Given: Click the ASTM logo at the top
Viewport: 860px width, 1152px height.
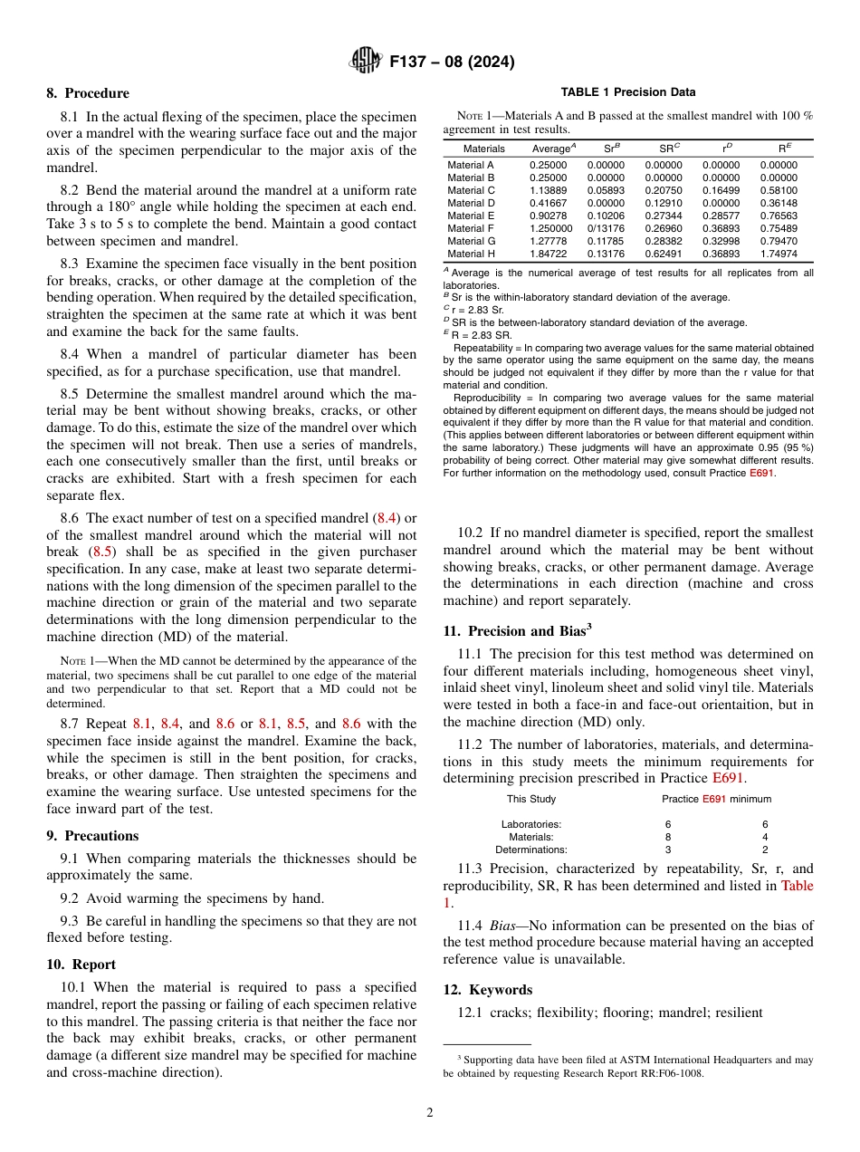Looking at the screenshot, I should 366,62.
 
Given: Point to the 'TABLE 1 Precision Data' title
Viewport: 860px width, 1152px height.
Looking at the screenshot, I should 628,92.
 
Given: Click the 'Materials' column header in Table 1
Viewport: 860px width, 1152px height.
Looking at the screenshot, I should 483,149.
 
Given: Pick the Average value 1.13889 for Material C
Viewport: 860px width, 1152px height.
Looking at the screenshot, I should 549,191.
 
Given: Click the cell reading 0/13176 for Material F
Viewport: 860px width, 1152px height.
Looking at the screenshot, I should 606,229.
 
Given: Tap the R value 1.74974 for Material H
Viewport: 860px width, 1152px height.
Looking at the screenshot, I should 779,254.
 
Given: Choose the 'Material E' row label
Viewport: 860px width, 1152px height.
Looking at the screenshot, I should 471,216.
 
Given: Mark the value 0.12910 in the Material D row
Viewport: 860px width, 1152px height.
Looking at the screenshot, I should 664,204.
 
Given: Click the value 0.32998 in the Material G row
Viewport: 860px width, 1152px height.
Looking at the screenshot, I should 721,242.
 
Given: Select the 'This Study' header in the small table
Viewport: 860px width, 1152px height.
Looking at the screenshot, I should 531,799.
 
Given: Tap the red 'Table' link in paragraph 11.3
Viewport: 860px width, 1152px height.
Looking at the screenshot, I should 797,886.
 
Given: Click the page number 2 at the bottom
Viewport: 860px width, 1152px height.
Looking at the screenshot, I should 430,1113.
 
